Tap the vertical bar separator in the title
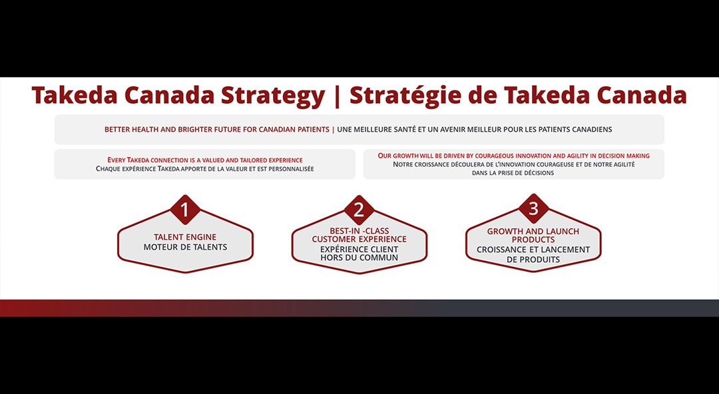pyautogui.click(x=338, y=96)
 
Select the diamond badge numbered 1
pyautogui.click(x=185, y=210)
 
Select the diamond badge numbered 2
pyautogui.click(x=359, y=210)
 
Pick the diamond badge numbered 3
pyautogui.click(x=533, y=209)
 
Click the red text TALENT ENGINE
pyautogui.click(x=185, y=237)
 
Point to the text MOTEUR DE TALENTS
pyautogui.click(x=185, y=247)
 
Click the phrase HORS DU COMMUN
pyautogui.click(x=359, y=258)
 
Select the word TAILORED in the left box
pyautogui.click(x=254, y=160)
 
